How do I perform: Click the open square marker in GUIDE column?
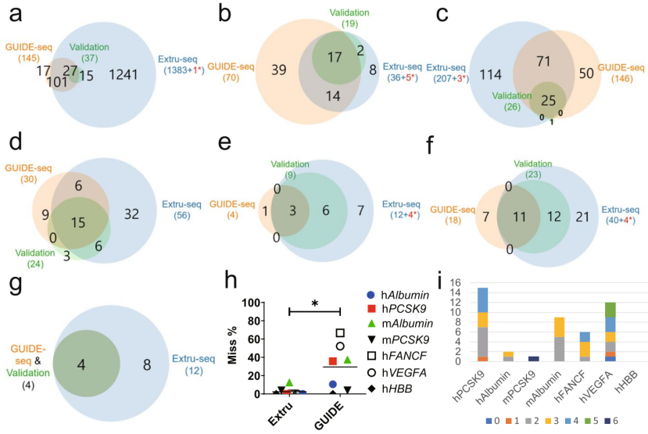[x=340, y=332]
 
